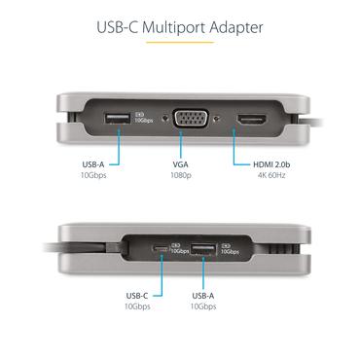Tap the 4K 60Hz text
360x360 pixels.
258,175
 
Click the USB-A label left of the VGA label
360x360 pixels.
95,163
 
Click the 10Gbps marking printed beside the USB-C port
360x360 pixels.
177,249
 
